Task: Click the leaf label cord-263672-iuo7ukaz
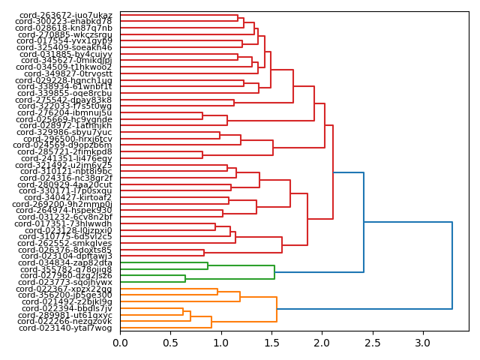[64, 15]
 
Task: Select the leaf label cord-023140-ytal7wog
[65, 328]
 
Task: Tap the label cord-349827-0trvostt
[68, 73]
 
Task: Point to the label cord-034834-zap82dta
[67, 262]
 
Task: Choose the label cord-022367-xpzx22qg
[64, 289]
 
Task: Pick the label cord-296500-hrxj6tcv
[67, 139]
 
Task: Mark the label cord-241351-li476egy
[67, 158]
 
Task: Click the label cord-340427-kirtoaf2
[68, 197]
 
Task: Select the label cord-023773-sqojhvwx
[67, 282]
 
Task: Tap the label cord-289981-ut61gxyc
[66, 315]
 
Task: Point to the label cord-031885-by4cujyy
[66, 54]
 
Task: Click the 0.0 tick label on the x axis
[120, 343]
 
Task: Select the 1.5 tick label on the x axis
[271, 343]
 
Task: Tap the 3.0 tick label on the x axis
[423, 343]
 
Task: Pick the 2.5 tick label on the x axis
[373, 343]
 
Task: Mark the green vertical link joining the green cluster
[274, 272]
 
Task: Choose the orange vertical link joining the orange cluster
[277, 308]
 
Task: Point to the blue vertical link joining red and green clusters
[364, 223]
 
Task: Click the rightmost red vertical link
[333, 172]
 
